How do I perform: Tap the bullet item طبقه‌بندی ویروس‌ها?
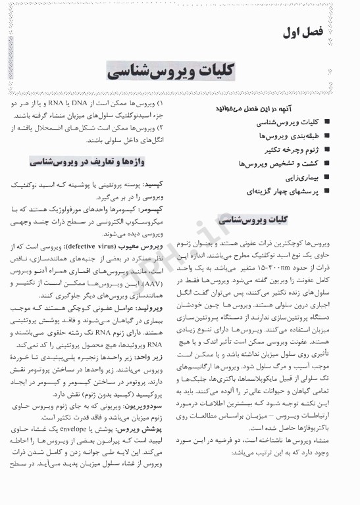[x=289, y=136]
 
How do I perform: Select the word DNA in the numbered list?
[x=101, y=104]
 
